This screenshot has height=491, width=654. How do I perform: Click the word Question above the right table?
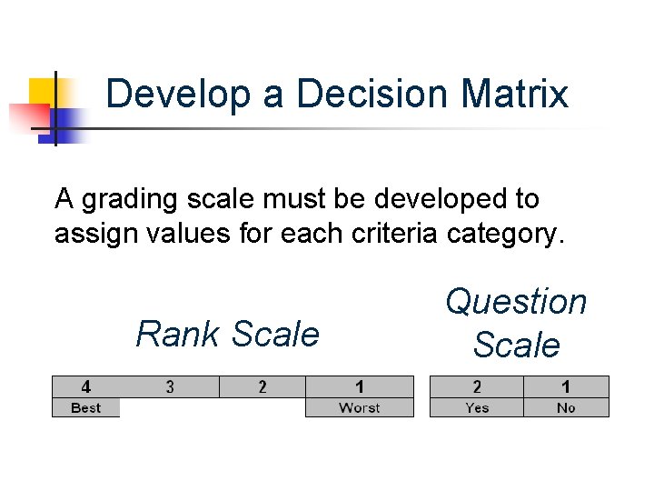(x=516, y=302)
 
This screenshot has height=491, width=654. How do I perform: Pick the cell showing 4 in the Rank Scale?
(x=86, y=386)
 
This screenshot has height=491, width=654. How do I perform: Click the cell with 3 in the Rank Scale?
(x=170, y=386)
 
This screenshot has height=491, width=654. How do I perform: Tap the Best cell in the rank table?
(x=86, y=407)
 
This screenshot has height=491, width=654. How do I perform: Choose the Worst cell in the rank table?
(x=359, y=407)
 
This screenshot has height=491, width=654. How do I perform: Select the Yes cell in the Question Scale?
(x=477, y=407)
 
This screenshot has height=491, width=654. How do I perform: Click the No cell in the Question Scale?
(x=566, y=407)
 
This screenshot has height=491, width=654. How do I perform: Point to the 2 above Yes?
(x=477, y=386)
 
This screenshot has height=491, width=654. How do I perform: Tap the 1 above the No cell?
(x=566, y=386)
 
